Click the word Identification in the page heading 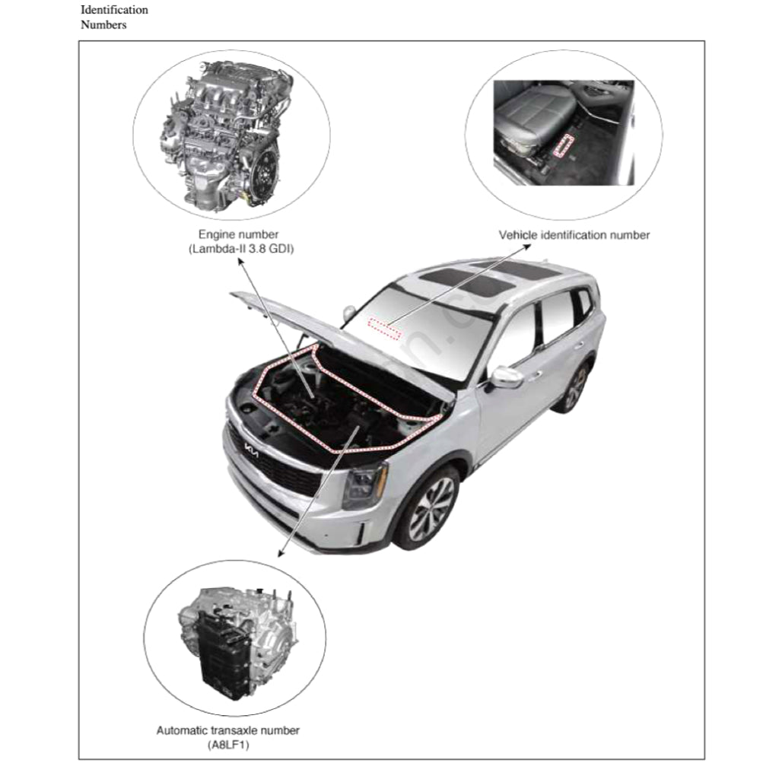(x=114, y=10)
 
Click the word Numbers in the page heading (x=103, y=25)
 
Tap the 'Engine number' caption (x=238, y=234)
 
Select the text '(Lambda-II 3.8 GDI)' (x=241, y=249)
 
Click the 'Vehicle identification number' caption (x=574, y=235)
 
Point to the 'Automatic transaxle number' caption (x=228, y=730)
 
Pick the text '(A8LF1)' (x=228, y=745)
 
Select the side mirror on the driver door (x=506, y=377)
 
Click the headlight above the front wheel (x=365, y=485)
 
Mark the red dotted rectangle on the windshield (x=384, y=329)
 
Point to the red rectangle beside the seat (x=564, y=145)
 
